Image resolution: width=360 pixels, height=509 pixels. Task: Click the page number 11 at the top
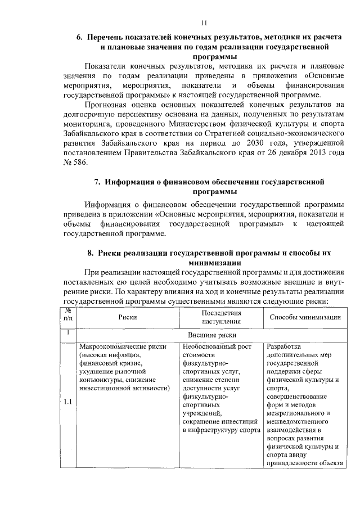pyautogui.click(x=204, y=23)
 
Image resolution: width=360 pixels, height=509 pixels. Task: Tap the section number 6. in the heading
pyautogui.click(x=80, y=37)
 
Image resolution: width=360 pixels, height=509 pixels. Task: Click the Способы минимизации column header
pyautogui.click(x=305, y=317)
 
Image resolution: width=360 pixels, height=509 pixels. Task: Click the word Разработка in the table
pyautogui.click(x=284, y=346)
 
